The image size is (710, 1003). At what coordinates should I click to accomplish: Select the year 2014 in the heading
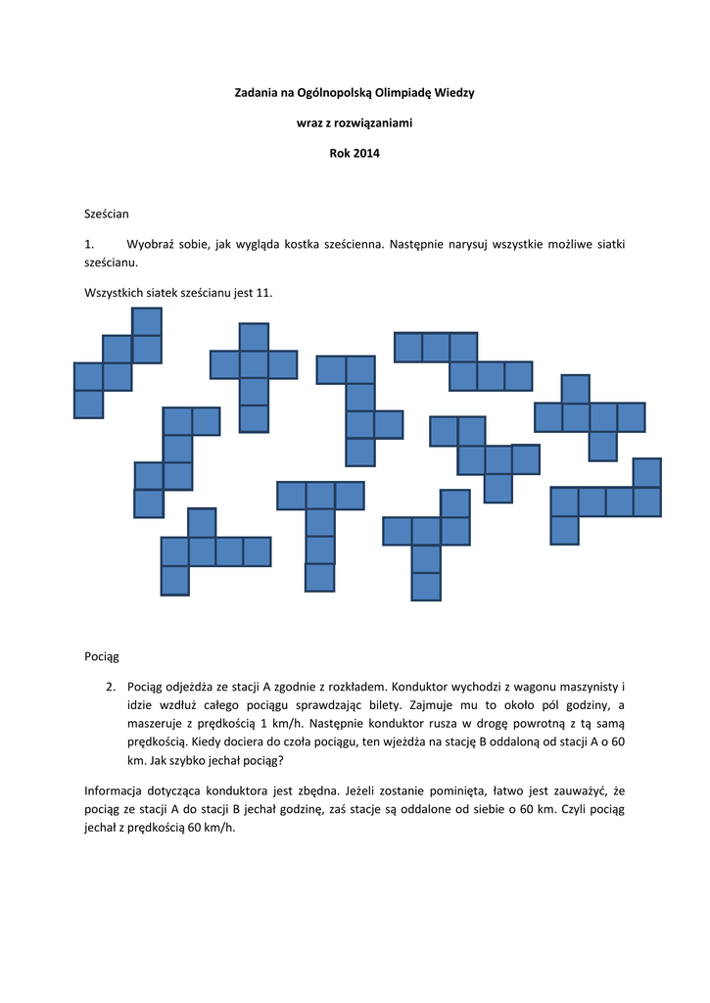366,154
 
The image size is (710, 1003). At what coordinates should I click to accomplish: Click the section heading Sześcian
107,212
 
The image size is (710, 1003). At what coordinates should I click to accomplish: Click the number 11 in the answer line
261,293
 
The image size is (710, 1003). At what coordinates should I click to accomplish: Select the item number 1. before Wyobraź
90,243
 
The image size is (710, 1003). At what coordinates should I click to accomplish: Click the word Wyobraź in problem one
153,243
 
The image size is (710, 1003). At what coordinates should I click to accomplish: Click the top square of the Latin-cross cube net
254,337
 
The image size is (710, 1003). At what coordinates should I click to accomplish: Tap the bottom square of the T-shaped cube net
319,577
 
